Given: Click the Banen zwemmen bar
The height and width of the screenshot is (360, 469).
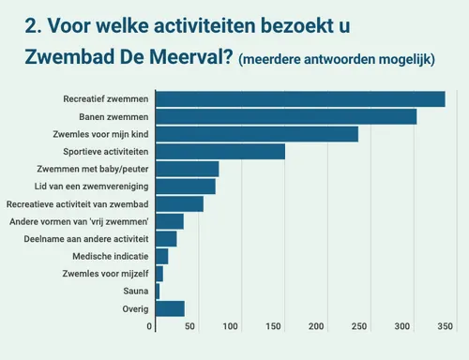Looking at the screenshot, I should tap(286, 116).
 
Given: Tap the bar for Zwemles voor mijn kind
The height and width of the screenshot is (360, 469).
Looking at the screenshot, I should tap(257, 134).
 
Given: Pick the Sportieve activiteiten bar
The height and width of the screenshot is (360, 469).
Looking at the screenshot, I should tap(220, 152).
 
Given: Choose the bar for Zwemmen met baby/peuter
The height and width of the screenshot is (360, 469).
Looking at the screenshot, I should tap(187, 169).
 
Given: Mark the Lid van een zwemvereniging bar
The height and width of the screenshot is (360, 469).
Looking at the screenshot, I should tap(186, 187).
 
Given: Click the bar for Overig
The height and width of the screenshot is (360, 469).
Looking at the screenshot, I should tap(170, 308).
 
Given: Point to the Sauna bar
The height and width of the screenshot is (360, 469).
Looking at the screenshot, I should tap(158, 292).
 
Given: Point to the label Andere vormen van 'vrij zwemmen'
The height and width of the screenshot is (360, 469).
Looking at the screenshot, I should tap(79, 221).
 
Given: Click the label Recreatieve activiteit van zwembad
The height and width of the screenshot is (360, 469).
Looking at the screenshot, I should tap(77, 203).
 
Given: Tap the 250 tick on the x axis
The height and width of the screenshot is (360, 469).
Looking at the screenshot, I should tap(359, 326).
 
